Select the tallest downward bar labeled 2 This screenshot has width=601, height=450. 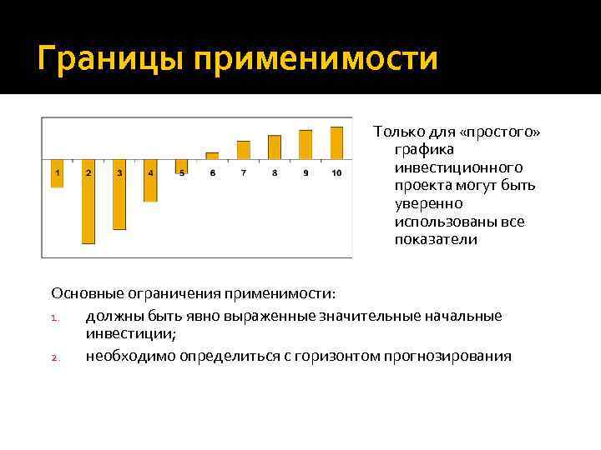pos(88,208)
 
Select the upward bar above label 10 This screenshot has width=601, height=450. pos(336,142)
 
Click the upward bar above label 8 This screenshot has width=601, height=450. pos(274,147)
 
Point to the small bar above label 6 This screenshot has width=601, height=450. pos(212,156)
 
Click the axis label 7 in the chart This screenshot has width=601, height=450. pos(243,173)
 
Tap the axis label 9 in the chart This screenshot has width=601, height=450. pos(306,173)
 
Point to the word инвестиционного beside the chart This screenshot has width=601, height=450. pos(458,167)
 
